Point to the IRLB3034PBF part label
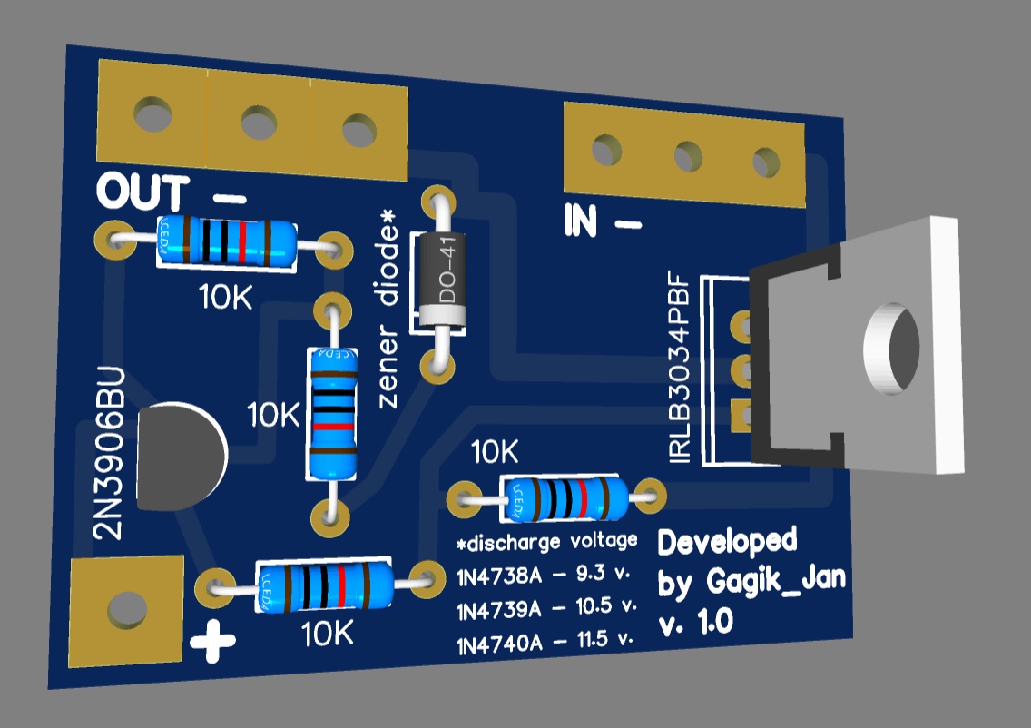680,371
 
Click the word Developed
727,542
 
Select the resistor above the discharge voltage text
565,497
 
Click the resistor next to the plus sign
325,585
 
